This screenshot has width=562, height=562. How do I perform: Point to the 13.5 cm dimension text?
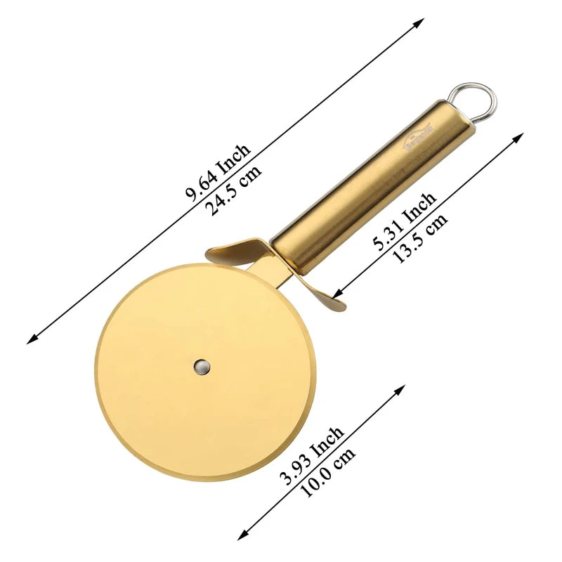coord(420,238)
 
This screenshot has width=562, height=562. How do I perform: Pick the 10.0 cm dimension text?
coord(327,472)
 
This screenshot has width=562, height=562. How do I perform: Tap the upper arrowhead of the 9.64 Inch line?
coord(419,22)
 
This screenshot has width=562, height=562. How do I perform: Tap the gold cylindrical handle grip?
coord(358,190)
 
